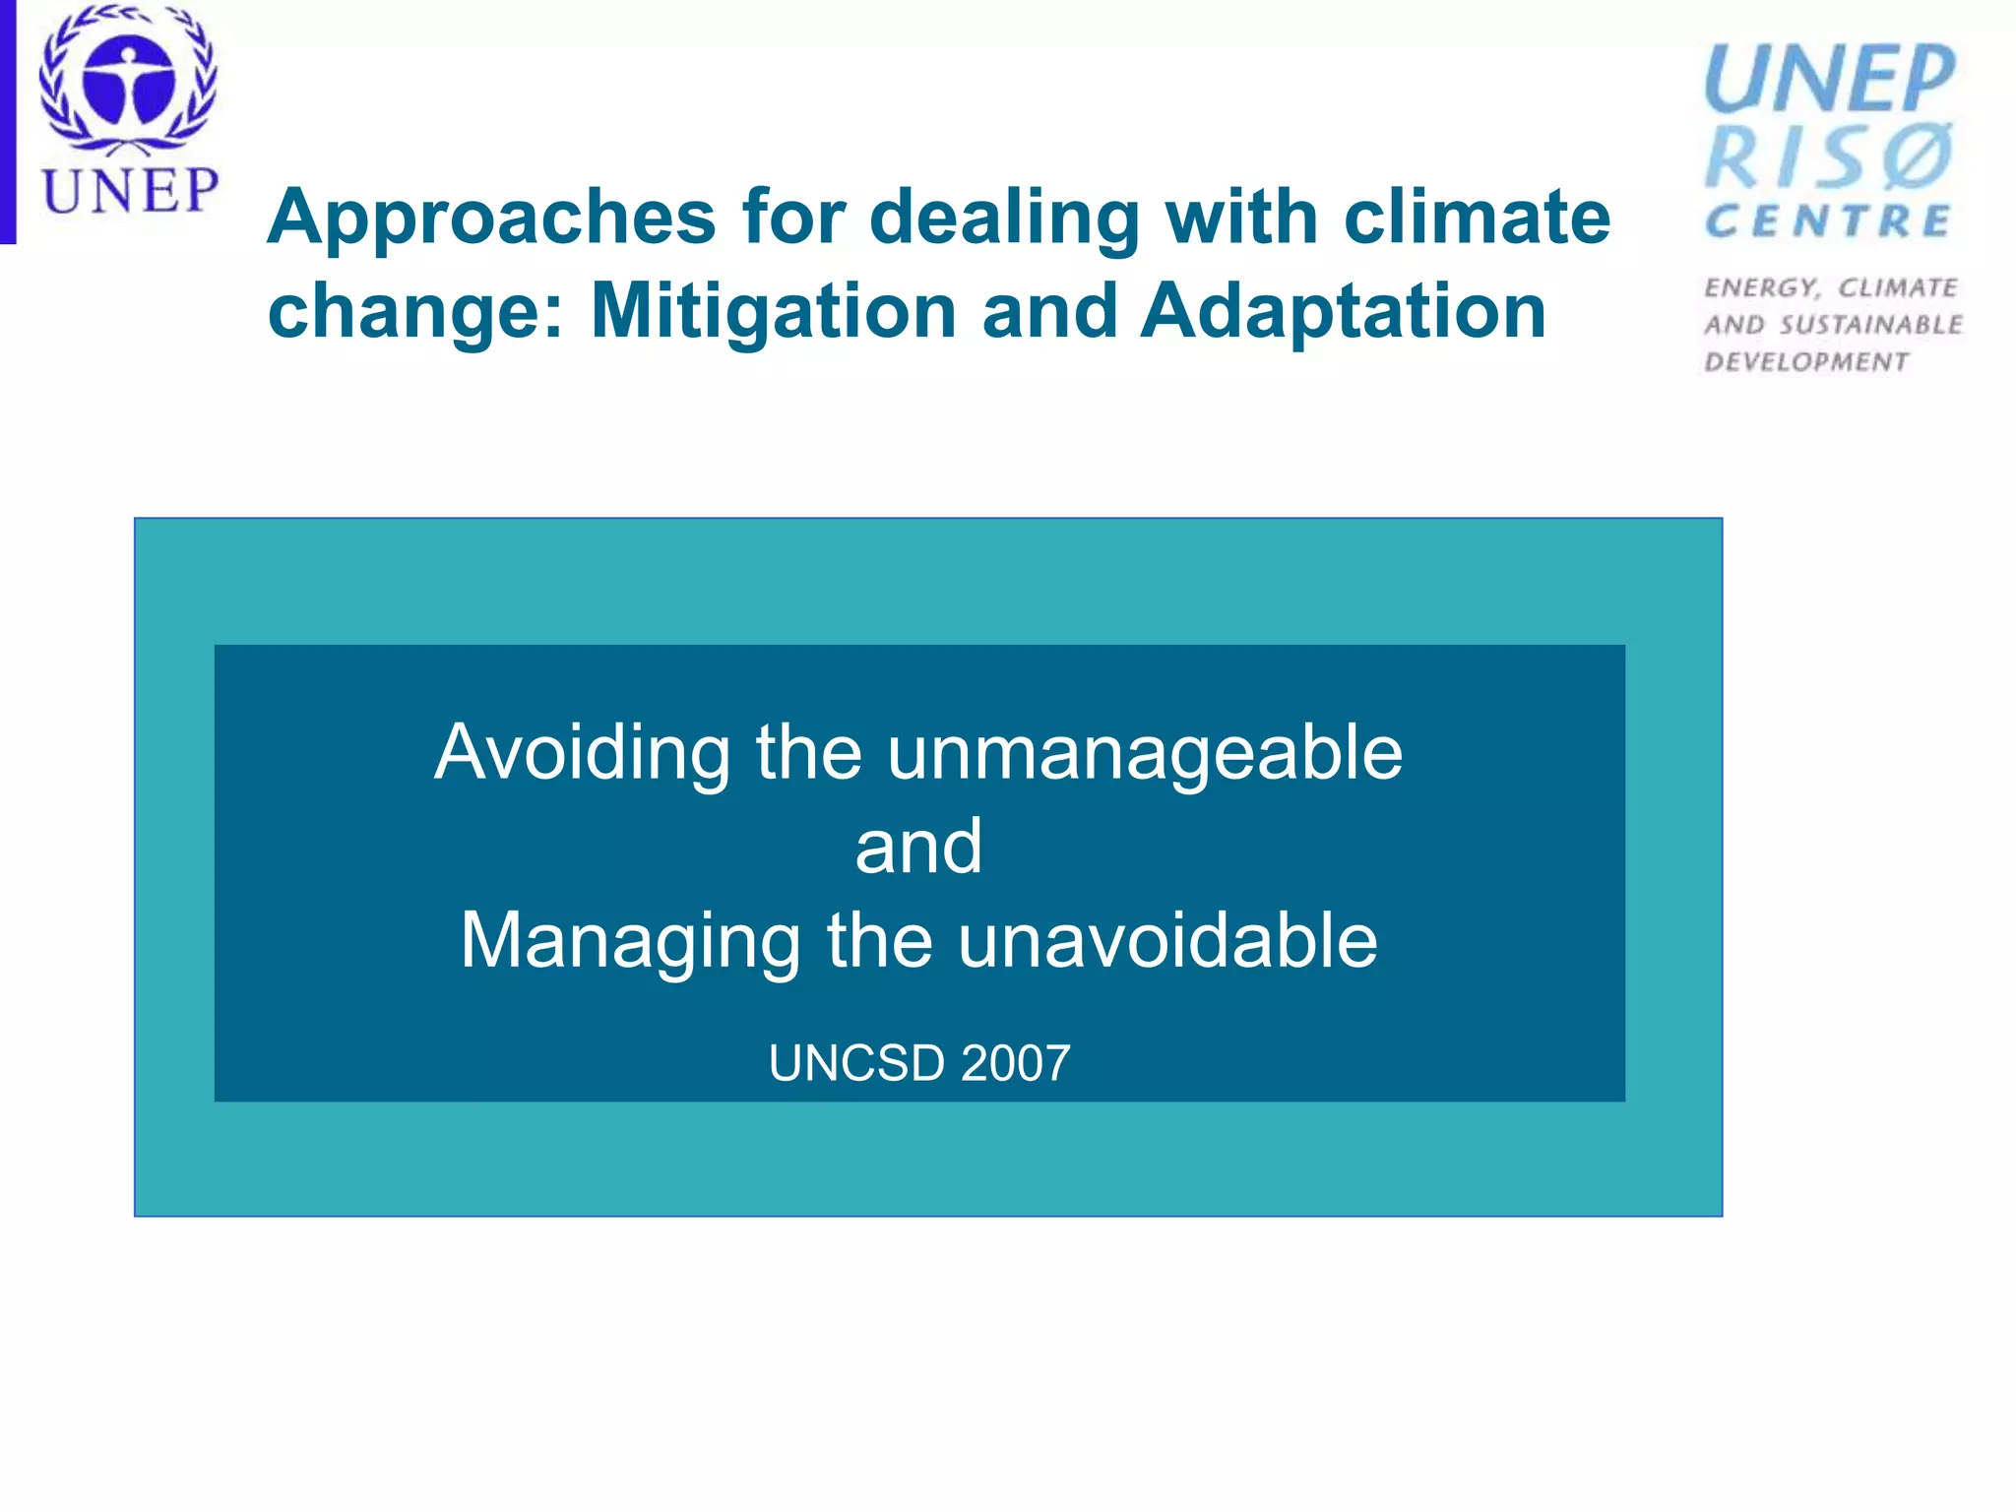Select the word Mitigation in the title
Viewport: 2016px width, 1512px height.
pyautogui.click(x=773, y=312)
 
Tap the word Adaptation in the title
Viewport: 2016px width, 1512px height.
pyautogui.click(x=1343, y=312)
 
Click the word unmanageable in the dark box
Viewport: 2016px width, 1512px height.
pyautogui.click(x=1144, y=753)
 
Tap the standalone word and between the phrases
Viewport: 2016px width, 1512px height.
pyautogui.click(x=918, y=847)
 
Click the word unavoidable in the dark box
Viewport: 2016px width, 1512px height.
pyautogui.click(x=1167, y=940)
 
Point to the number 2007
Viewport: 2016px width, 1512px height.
pyautogui.click(x=1015, y=1064)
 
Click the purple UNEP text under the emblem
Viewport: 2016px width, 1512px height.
pyautogui.click(x=129, y=190)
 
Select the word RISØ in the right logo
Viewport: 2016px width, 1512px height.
pyautogui.click(x=1829, y=157)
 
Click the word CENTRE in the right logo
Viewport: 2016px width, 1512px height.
pyautogui.click(x=1827, y=222)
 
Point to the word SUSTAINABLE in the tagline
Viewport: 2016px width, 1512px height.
pyautogui.click(x=1870, y=325)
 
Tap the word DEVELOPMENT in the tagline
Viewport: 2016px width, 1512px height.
pyautogui.click(x=1806, y=362)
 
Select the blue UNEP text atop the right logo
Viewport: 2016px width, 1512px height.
pyautogui.click(x=1829, y=79)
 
